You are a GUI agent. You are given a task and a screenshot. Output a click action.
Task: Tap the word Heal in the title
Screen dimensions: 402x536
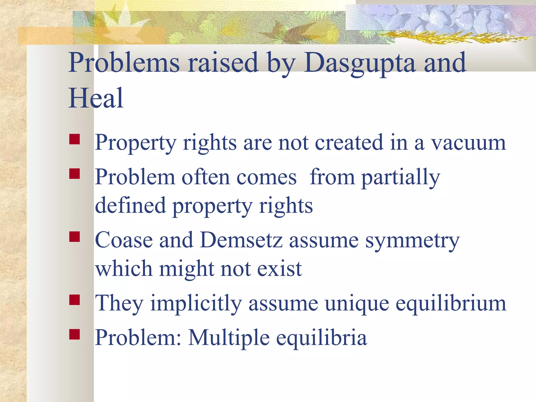point(96,98)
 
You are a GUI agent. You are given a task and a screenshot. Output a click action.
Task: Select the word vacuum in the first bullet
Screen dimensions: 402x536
point(468,143)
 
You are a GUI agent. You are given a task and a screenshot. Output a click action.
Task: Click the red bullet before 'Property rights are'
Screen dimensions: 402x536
point(75,139)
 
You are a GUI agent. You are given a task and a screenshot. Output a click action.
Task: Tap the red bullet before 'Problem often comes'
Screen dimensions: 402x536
point(75,174)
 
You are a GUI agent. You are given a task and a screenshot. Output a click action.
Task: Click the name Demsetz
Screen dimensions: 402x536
point(241,240)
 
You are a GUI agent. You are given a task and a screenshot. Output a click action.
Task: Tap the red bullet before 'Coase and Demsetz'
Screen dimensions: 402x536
point(75,237)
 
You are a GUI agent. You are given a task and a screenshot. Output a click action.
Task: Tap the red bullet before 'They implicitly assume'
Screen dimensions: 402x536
point(75,300)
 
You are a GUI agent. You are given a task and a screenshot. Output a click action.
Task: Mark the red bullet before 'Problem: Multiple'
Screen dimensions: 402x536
point(75,334)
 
